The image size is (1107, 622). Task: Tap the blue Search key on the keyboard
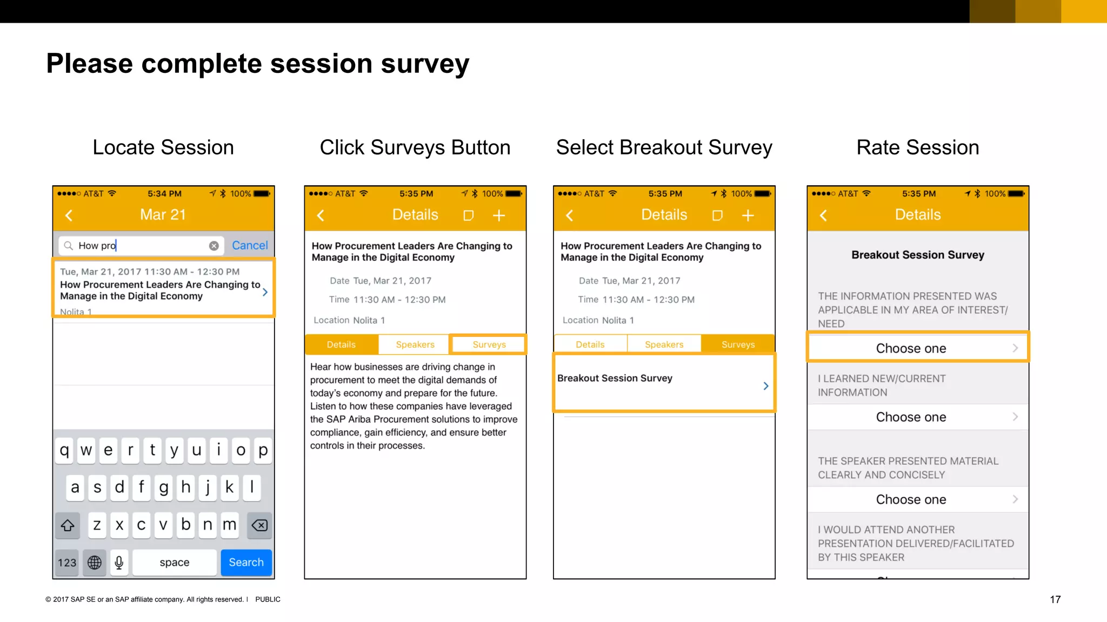pyautogui.click(x=246, y=562)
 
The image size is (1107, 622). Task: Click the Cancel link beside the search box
pyautogui.click(x=250, y=245)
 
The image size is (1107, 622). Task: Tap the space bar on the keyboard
pyautogui.click(x=174, y=562)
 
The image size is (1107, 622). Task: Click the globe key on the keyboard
pyautogui.click(x=95, y=562)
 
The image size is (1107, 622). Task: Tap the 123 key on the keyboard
pyautogui.click(x=67, y=562)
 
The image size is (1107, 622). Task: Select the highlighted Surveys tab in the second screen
pyautogui.click(x=489, y=344)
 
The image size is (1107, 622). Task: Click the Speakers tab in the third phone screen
pyautogui.click(x=664, y=344)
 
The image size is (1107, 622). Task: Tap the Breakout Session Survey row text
pyautogui.click(x=615, y=378)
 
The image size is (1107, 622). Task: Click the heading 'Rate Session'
pyautogui.click(x=917, y=147)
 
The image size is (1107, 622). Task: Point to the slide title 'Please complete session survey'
pyautogui.click(x=257, y=63)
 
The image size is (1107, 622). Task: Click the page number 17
pyautogui.click(x=1055, y=599)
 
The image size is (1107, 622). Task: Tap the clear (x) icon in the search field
pyautogui.click(x=214, y=246)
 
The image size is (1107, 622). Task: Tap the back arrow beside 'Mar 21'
pyautogui.click(x=69, y=215)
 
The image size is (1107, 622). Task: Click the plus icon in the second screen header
pyautogui.click(x=498, y=215)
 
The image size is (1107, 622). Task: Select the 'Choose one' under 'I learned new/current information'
pyautogui.click(x=911, y=417)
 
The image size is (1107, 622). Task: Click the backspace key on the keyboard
pyautogui.click(x=259, y=525)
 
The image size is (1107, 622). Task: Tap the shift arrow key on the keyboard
pyautogui.click(x=68, y=525)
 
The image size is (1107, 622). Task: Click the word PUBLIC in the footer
pyautogui.click(x=268, y=599)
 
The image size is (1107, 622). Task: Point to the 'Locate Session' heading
pyautogui.click(x=163, y=147)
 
